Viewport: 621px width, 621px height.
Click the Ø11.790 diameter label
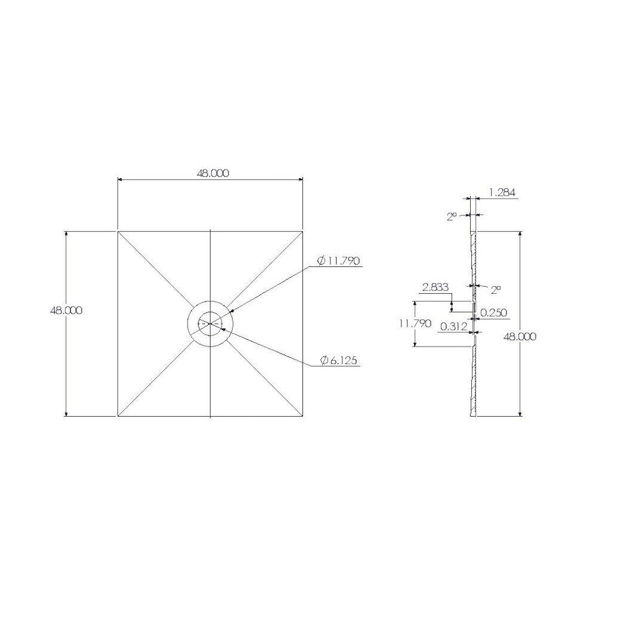(x=338, y=261)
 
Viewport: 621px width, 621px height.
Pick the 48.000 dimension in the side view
(x=520, y=336)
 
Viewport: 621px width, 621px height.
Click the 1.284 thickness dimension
(x=502, y=193)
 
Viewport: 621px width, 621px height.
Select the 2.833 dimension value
(x=434, y=288)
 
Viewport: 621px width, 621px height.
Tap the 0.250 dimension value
(x=495, y=314)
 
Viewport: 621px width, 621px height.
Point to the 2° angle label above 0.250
(x=495, y=290)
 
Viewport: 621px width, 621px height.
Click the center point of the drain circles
(x=211, y=324)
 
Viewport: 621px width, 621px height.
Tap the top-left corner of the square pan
(x=118, y=231)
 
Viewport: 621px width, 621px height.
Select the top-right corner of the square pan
(x=304, y=231)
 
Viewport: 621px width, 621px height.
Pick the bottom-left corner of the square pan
(x=118, y=416)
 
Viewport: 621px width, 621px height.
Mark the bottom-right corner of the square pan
(x=304, y=416)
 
